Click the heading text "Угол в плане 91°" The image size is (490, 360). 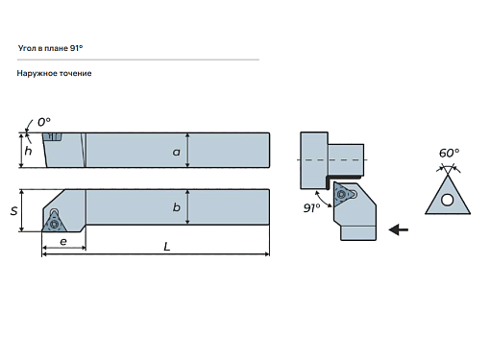(50, 48)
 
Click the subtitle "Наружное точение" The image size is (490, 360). (54, 73)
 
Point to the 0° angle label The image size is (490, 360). (44, 122)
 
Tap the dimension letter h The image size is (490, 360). (28, 151)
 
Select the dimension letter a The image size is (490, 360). (177, 152)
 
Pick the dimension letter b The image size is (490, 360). (177, 207)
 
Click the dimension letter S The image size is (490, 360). (13, 211)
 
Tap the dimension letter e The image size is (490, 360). (63, 241)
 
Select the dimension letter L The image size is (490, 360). (167, 247)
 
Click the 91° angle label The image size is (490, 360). (311, 208)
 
